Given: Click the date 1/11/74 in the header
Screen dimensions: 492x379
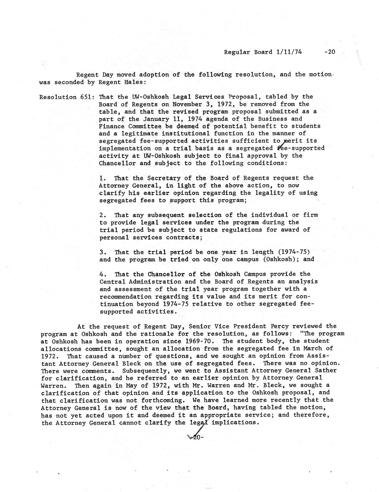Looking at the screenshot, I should coord(289,52).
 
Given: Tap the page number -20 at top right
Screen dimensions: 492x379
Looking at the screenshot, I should coord(329,52).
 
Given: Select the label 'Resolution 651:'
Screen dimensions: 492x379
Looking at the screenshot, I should coord(67,97).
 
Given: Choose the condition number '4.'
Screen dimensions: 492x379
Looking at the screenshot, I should coord(103,274).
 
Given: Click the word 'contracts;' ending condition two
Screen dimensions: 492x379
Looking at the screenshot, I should coord(182,237).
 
